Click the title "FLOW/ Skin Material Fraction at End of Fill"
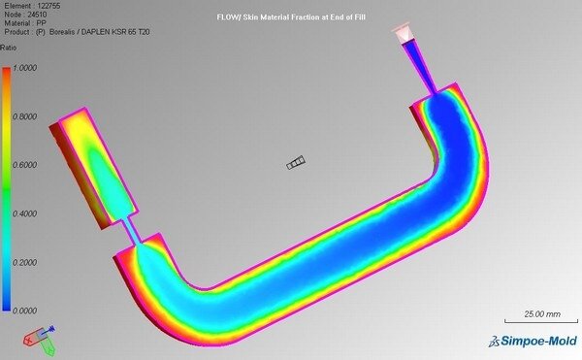tap(291, 17)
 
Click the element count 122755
tap(49, 6)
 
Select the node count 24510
tap(37, 15)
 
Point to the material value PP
tap(42, 23)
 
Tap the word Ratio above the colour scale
tap(8, 48)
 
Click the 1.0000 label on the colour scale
tap(25, 68)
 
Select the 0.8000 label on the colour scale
tap(25, 116)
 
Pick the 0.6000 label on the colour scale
tap(25, 165)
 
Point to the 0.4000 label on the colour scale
tap(25, 213)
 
